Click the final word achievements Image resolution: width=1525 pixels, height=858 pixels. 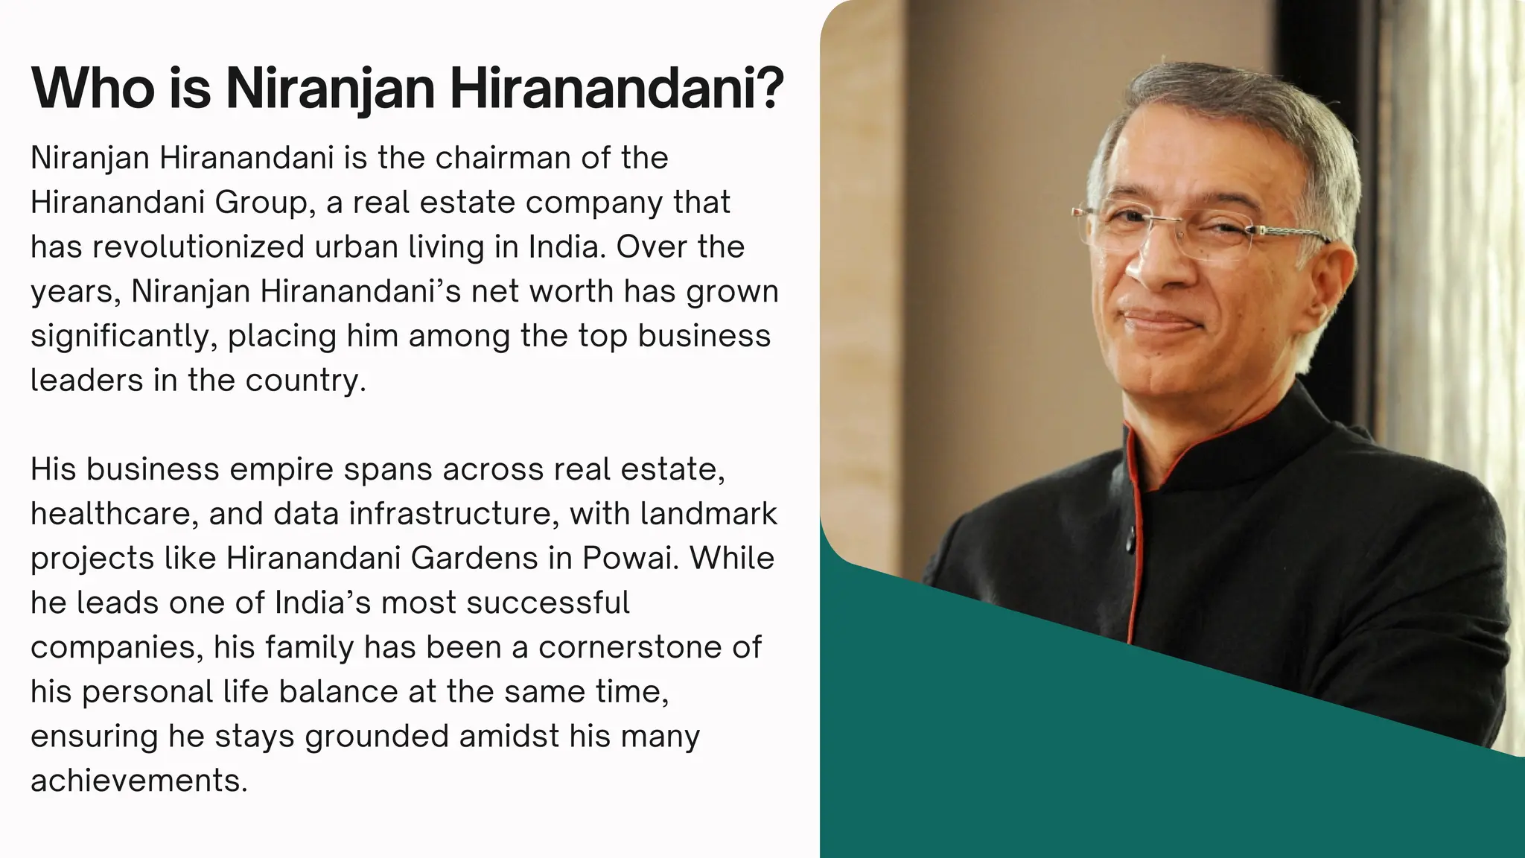coord(138,781)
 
